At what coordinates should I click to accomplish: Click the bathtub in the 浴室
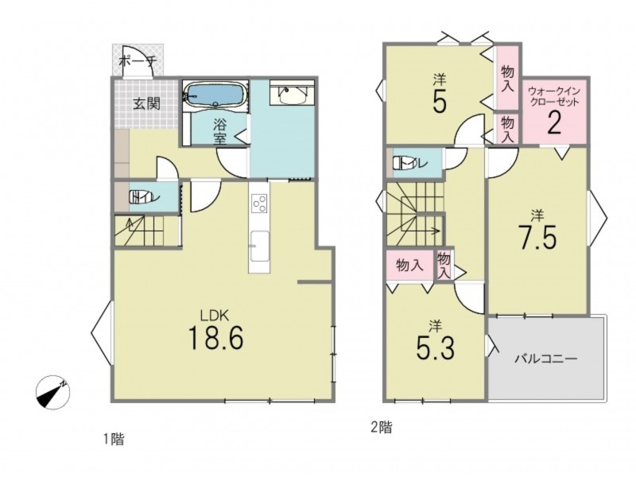point(215,95)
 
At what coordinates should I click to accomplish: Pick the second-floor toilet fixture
point(401,164)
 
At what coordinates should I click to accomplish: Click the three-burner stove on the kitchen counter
point(259,204)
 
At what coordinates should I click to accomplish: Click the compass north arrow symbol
point(52,393)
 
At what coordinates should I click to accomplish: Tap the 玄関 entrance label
point(147,104)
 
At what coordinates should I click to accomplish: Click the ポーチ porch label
point(138,62)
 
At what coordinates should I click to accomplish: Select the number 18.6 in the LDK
point(215,339)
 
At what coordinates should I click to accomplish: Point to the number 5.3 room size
point(435,347)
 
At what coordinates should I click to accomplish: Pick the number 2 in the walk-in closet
point(554,122)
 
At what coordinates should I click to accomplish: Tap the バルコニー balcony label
point(546,359)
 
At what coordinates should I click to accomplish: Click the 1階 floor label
point(113,440)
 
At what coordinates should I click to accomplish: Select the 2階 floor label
point(382,427)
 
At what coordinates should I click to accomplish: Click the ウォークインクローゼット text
point(554,96)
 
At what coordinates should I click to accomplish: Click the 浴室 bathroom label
point(219,130)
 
